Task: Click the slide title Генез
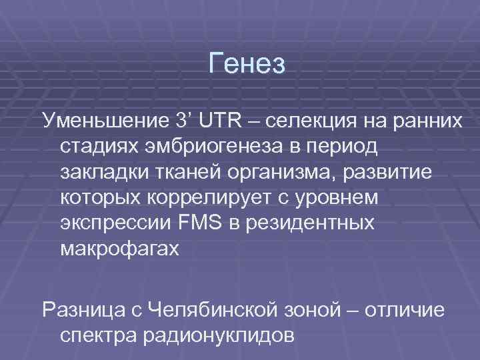pyautogui.click(x=247, y=64)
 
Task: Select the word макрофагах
pyautogui.click(x=120, y=248)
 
